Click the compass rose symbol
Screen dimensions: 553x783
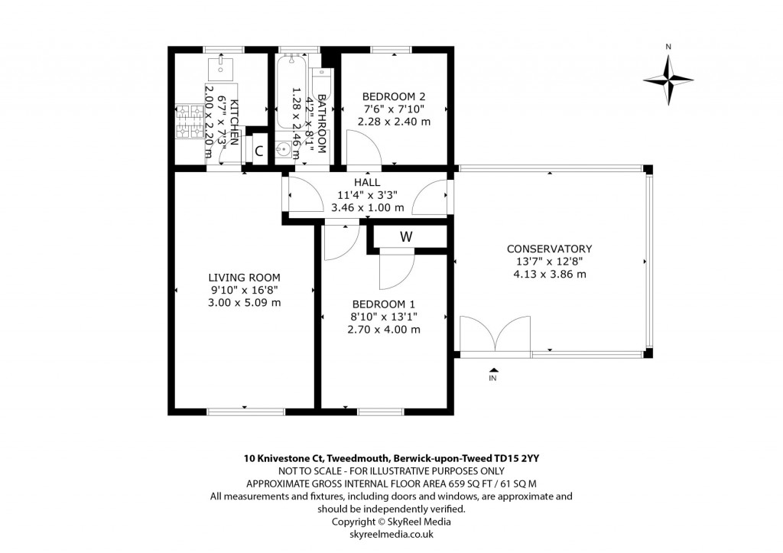click(668, 80)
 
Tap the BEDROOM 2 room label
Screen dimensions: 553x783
click(393, 96)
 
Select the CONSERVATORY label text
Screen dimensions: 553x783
click(550, 249)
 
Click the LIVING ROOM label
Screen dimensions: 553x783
click(245, 277)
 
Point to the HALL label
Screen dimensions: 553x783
click(367, 182)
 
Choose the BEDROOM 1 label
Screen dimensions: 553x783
click(384, 304)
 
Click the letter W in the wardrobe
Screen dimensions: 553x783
click(406, 237)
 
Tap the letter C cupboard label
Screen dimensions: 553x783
click(259, 151)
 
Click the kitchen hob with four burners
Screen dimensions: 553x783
click(187, 122)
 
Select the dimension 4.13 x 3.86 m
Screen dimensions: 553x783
click(550, 274)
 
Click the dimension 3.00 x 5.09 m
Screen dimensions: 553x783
click(245, 302)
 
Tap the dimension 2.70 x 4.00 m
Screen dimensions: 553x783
click(384, 330)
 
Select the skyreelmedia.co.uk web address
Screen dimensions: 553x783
click(391, 533)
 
